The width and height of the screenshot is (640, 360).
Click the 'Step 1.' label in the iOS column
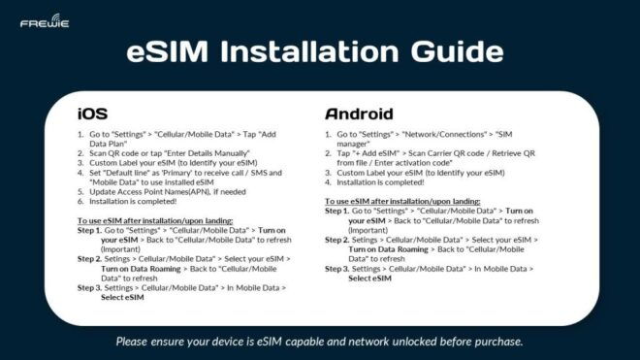click(x=89, y=231)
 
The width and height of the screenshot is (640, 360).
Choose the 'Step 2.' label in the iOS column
click(x=89, y=259)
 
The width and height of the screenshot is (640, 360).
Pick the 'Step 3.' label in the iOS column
click(x=89, y=288)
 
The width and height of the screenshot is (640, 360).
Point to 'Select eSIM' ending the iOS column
click(x=122, y=298)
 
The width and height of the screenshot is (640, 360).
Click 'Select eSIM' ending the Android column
click(x=369, y=278)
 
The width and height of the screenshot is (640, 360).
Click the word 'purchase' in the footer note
click(x=494, y=342)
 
